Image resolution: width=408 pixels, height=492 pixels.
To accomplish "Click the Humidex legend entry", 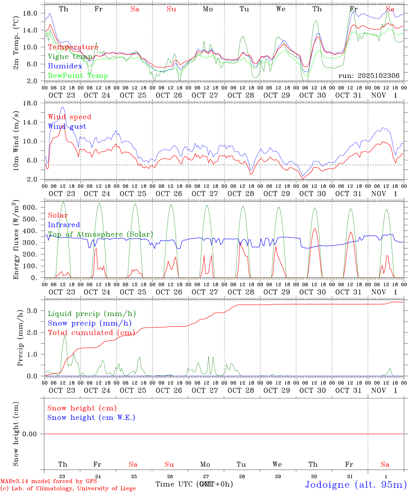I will (x=65, y=66).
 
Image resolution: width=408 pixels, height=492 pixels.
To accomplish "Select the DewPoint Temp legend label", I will (x=78, y=76).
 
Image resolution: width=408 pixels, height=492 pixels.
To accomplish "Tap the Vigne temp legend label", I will (x=70, y=57).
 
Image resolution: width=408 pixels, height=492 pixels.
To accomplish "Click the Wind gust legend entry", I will (x=67, y=126).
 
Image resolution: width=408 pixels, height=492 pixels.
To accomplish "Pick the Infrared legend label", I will (x=64, y=225).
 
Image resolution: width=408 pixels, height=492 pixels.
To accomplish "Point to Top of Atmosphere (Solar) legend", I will (x=100, y=234).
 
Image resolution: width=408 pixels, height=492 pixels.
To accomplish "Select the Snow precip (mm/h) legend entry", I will (x=90, y=323).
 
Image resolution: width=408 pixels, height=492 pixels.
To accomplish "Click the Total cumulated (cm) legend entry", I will (x=91, y=333).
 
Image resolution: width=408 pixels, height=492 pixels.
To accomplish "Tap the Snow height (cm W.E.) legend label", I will (x=91, y=418).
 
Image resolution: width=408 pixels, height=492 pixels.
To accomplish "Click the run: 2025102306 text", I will (x=369, y=76).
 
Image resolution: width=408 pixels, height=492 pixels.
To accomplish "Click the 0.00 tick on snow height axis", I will (x=30, y=434).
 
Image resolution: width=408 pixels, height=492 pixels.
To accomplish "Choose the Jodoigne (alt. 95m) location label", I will (x=356, y=484).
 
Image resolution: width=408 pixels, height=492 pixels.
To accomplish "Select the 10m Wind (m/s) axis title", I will (x=16, y=141).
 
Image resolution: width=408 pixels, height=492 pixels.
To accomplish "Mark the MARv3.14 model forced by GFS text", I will (x=49, y=481).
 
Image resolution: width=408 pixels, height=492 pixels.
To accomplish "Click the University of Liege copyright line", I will (x=68, y=488).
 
